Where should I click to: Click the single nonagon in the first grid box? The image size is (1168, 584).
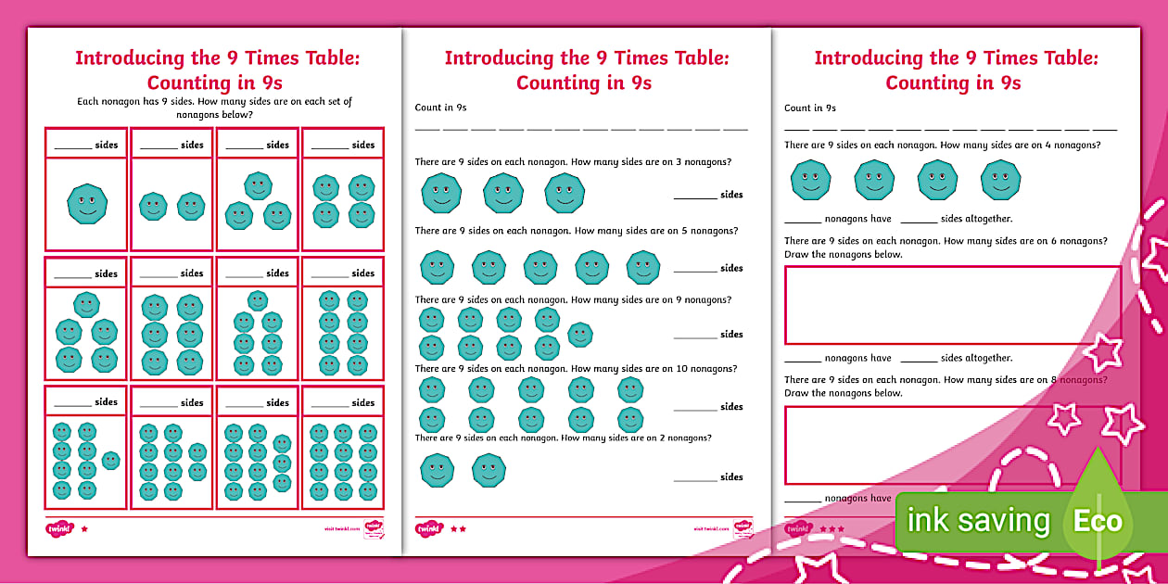(x=87, y=203)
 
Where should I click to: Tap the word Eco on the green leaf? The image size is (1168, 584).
(x=1098, y=520)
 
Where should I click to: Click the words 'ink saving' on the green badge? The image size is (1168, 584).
(x=978, y=520)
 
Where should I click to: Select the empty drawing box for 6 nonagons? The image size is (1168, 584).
(x=952, y=305)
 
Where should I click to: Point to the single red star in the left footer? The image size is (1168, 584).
(x=84, y=529)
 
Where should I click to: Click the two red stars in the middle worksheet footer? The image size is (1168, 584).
(x=458, y=529)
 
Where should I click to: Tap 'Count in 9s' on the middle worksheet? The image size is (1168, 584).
(x=440, y=108)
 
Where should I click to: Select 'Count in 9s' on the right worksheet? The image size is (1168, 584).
(x=810, y=108)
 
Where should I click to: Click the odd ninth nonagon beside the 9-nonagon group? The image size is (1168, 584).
(x=580, y=335)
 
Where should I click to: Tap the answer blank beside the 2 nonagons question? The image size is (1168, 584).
(x=694, y=478)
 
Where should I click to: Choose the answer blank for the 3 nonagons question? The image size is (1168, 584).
(x=694, y=196)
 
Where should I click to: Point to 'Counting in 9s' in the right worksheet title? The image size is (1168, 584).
(x=953, y=83)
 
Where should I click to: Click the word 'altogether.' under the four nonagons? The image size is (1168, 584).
(x=988, y=219)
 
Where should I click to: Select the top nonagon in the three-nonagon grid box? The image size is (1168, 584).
(x=258, y=185)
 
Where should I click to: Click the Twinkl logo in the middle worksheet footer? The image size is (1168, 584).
(x=428, y=529)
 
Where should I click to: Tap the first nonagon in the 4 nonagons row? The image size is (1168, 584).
(x=810, y=180)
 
